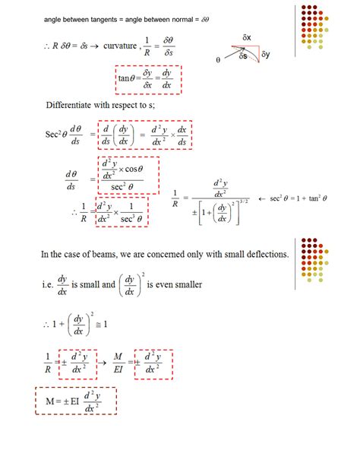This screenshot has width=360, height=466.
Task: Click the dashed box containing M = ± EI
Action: click(x=76, y=400)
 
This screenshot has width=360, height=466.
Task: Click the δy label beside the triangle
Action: click(x=266, y=55)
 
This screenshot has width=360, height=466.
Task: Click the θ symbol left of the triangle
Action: click(x=218, y=60)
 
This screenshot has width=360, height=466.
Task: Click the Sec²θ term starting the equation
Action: click(x=59, y=135)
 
